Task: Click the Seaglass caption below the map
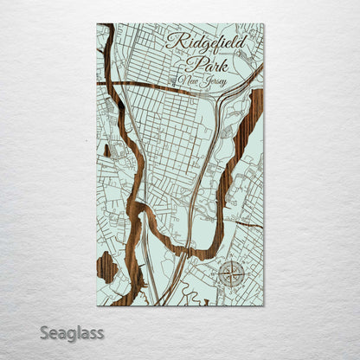click(x=71, y=332)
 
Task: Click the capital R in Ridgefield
click(x=172, y=42)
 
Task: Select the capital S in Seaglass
click(x=45, y=331)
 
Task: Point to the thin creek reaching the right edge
click(x=251, y=224)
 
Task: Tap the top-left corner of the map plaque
click(x=97, y=23)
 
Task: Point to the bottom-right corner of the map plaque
click(x=264, y=305)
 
